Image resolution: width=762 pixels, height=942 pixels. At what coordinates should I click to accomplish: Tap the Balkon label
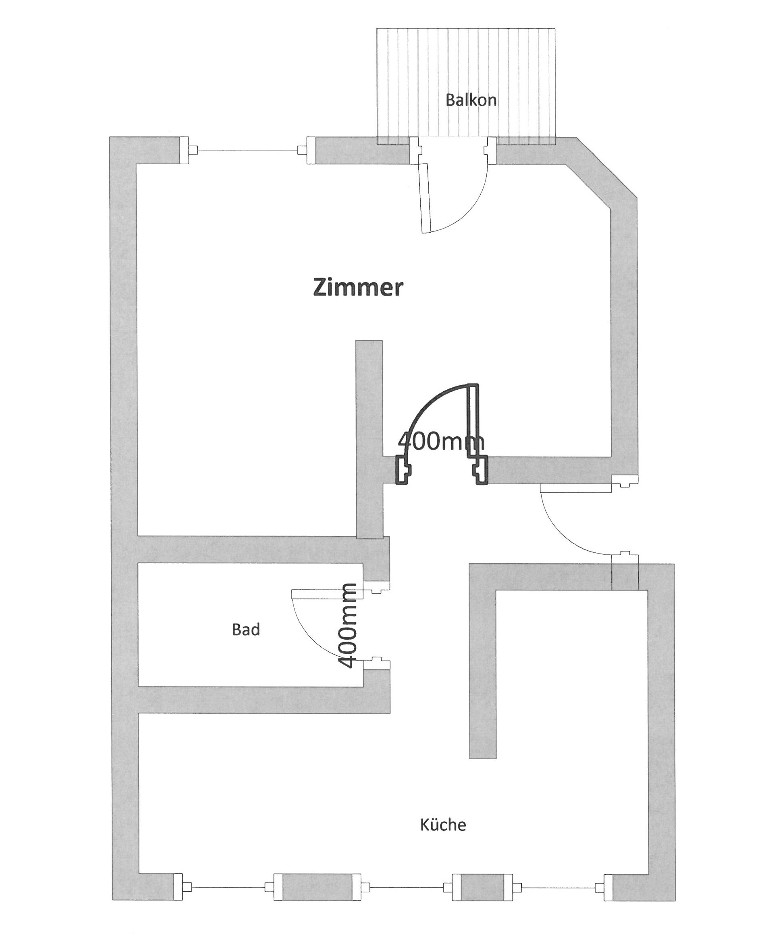[x=471, y=100]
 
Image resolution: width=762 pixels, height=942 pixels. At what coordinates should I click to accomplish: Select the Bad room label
[x=246, y=630]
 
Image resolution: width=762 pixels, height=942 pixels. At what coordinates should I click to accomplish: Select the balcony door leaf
[x=425, y=198]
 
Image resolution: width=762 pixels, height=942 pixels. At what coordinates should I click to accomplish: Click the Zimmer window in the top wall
[x=247, y=151]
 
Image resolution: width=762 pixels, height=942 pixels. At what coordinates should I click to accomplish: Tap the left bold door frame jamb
[x=402, y=470]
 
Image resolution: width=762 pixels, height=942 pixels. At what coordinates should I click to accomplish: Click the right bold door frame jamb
[x=482, y=470]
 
